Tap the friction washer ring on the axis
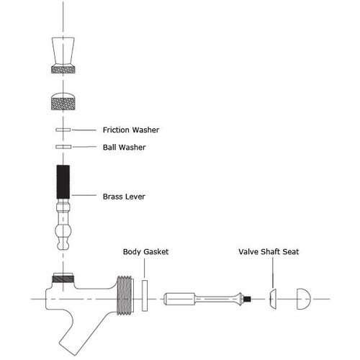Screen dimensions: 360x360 63,130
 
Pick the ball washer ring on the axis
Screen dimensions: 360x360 63,147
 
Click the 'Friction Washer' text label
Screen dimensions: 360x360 130,130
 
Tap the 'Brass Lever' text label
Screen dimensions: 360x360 125,195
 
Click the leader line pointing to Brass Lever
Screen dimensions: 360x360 86,195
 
